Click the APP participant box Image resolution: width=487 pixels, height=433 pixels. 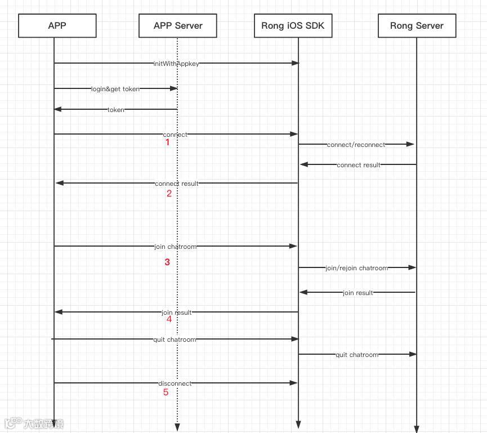(x=57, y=26)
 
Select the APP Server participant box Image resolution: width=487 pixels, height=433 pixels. (x=177, y=26)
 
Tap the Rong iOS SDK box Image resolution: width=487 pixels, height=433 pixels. (x=293, y=26)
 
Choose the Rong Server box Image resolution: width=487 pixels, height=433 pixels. (x=417, y=26)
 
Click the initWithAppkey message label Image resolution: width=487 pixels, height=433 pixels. (x=176, y=64)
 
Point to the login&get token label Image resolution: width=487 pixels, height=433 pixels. (x=115, y=89)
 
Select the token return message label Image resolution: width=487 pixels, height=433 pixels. (x=116, y=110)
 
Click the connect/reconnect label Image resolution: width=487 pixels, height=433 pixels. (x=356, y=145)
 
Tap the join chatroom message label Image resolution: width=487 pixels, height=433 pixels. (x=175, y=247)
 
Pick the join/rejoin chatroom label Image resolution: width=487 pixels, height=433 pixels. (x=356, y=268)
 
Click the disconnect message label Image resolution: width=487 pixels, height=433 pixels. (x=175, y=383)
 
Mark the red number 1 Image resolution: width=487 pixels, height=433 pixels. (x=167, y=143)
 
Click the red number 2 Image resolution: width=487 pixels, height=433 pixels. (x=169, y=194)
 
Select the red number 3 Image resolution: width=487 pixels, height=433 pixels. (x=167, y=262)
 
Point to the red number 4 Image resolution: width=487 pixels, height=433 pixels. (x=169, y=319)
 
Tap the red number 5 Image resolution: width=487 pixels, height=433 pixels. (x=166, y=392)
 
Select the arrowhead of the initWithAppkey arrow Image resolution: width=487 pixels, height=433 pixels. (x=295, y=63)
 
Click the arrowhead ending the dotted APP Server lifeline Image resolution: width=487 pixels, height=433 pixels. (x=177, y=427)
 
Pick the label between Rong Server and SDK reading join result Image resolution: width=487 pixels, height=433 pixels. (x=358, y=293)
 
